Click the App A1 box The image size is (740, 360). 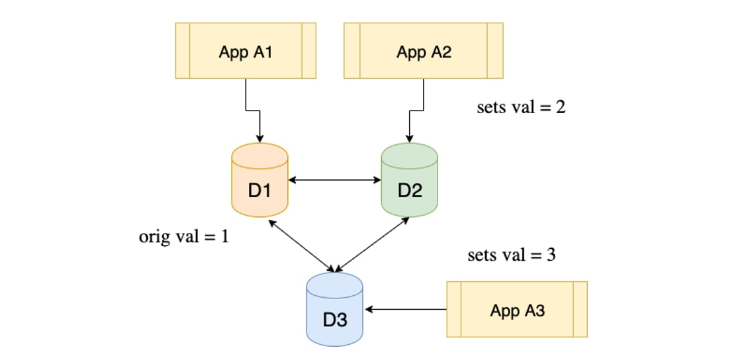(x=245, y=51)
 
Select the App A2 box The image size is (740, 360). (x=424, y=51)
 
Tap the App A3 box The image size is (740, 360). (x=517, y=309)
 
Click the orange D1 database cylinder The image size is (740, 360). (x=259, y=180)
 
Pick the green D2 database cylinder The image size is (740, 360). (x=409, y=180)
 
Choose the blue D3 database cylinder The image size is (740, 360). (x=334, y=309)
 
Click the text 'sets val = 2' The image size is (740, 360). (x=521, y=107)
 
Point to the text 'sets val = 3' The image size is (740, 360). (x=511, y=255)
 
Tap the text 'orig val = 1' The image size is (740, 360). (x=183, y=236)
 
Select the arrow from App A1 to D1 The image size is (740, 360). (x=254, y=110)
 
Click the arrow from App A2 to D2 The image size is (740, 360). (x=416, y=110)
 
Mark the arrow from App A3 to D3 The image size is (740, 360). (x=407, y=309)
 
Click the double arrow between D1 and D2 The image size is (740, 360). (x=334, y=179)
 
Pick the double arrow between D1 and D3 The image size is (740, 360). (x=302, y=246)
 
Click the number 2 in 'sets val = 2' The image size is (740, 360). (x=561, y=107)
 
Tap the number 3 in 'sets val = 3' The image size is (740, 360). (x=551, y=255)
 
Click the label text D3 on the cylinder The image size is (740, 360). (x=334, y=320)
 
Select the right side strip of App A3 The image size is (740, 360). (x=580, y=309)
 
